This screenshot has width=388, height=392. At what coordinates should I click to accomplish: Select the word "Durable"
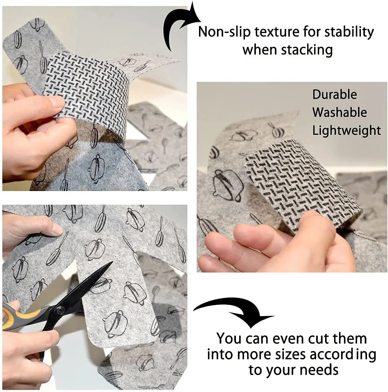point(334,95)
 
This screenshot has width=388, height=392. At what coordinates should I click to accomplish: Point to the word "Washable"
point(339,112)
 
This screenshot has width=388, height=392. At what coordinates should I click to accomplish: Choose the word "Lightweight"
point(346,130)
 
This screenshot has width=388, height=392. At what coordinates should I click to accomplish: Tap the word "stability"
point(349,32)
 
